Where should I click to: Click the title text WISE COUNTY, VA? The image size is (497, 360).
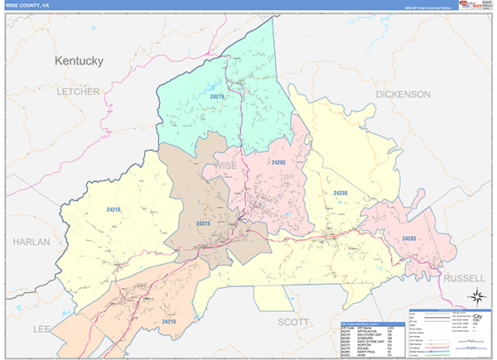(30, 5)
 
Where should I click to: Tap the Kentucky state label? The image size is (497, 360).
(79, 61)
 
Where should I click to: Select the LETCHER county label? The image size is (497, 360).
(78, 91)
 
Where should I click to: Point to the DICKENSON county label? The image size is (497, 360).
(403, 94)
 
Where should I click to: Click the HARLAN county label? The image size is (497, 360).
(31, 242)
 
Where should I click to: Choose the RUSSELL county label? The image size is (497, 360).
(465, 279)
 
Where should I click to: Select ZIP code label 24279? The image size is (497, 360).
(218, 97)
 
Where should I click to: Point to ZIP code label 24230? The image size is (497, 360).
(340, 193)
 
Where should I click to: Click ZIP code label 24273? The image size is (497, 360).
(205, 223)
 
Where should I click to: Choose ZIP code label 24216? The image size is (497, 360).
(113, 210)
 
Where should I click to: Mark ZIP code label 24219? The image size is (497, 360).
(169, 321)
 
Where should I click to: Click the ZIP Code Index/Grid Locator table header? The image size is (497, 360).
(373, 323)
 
